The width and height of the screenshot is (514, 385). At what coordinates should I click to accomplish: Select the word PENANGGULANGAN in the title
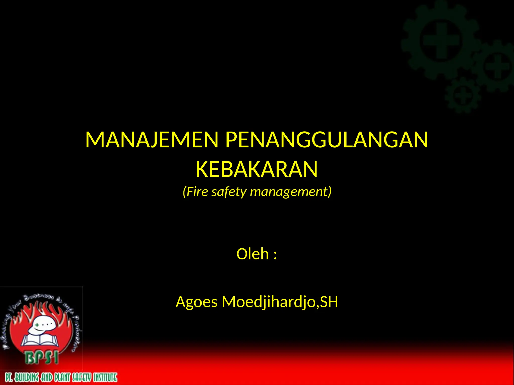[327, 140]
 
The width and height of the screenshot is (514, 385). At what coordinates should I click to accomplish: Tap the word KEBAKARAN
[256, 169]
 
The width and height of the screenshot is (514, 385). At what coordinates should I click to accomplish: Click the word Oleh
[252, 254]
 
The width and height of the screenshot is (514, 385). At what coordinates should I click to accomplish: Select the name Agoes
[197, 302]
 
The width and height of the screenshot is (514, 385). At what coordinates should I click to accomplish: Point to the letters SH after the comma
[329, 302]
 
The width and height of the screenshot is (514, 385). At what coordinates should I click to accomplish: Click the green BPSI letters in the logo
[42, 357]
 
